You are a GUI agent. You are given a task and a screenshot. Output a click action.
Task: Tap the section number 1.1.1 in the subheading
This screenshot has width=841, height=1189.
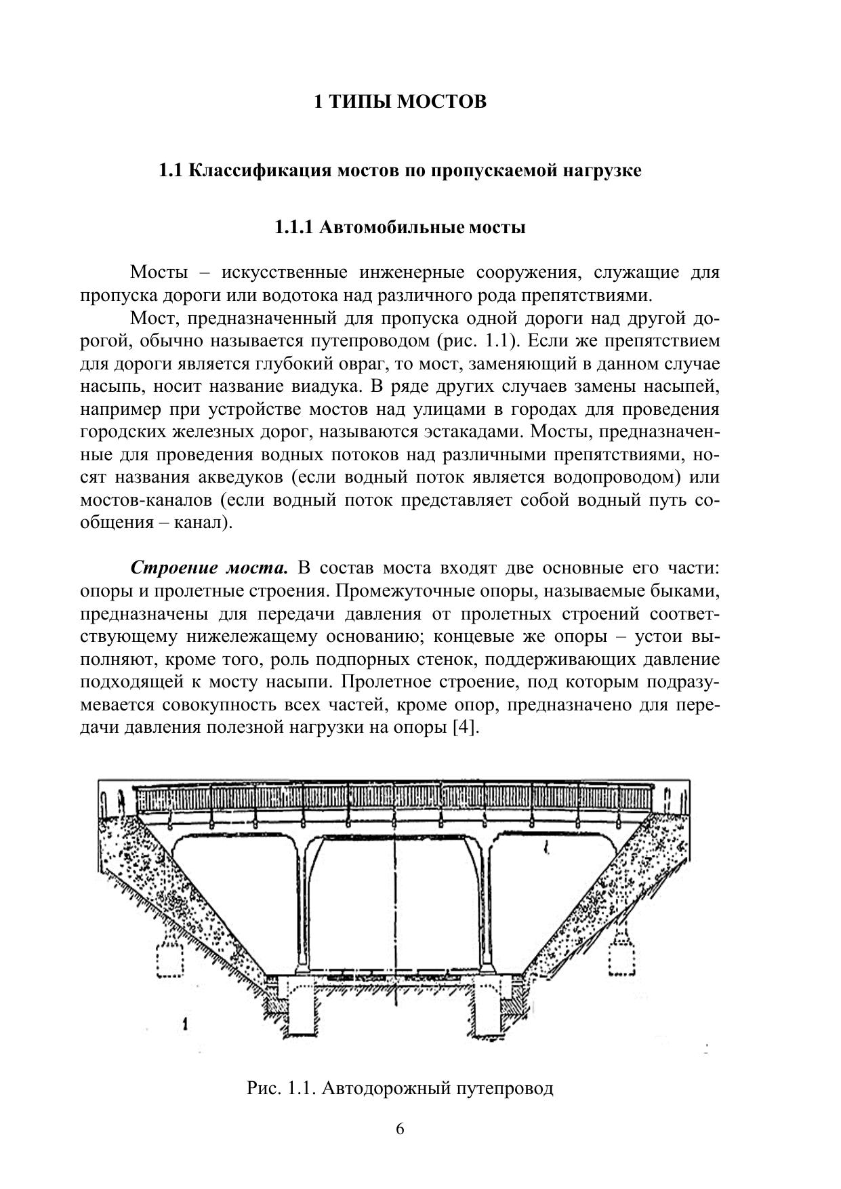coord(293,227)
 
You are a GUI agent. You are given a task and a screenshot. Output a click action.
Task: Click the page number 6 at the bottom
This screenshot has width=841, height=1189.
coord(400,1129)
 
